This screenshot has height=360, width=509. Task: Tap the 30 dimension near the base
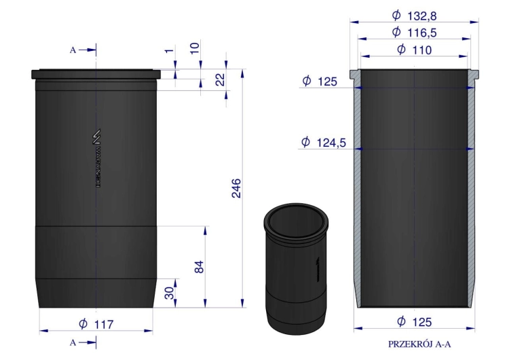[x=169, y=292]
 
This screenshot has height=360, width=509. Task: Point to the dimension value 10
[x=195, y=48]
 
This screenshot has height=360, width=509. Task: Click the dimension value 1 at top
[x=169, y=50]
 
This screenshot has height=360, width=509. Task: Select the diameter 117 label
[x=97, y=324]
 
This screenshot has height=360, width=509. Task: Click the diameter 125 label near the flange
[x=320, y=82]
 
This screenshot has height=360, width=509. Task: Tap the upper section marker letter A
[x=73, y=50]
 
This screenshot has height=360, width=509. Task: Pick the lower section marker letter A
[x=73, y=342]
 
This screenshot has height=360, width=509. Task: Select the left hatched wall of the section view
[x=356, y=190]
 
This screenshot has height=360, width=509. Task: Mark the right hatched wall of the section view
[x=472, y=190]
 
